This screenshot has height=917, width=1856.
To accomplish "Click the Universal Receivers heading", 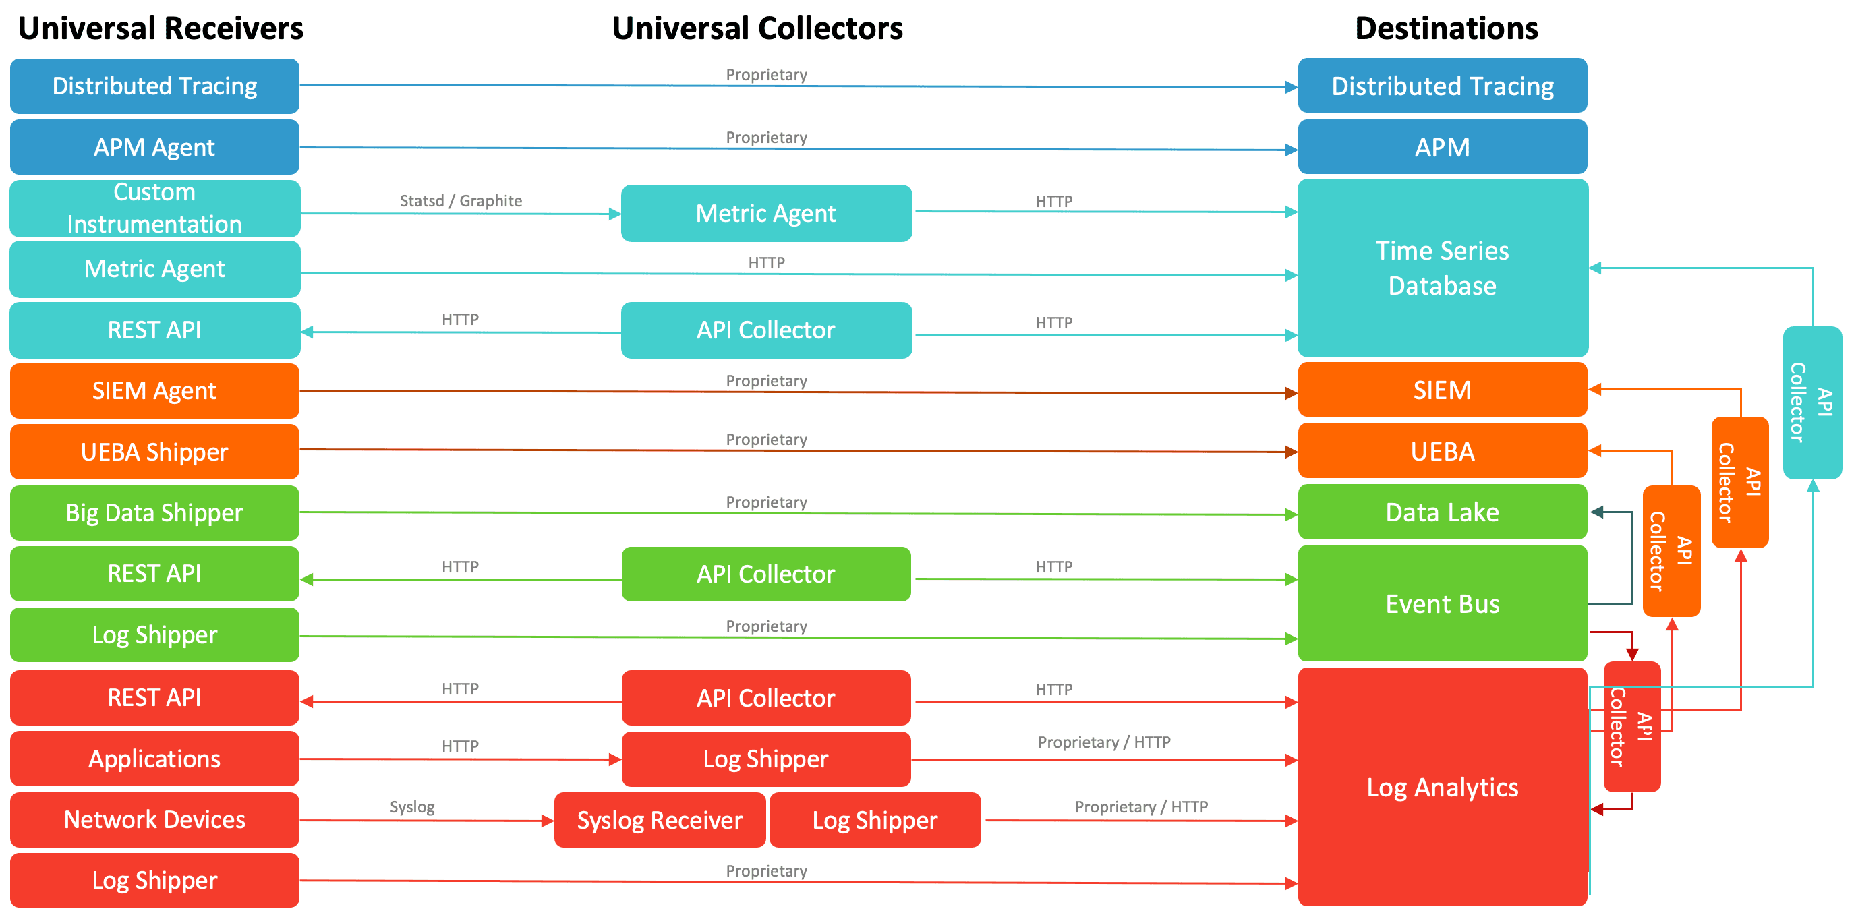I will click(161, 29).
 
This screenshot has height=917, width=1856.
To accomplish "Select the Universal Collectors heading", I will click(757, 29).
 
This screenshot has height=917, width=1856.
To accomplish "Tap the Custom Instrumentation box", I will click(154, 208).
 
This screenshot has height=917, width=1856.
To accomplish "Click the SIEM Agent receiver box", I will click(154, 390).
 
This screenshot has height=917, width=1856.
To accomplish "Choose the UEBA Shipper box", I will click(154, 452).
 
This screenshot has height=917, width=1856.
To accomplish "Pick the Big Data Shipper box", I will click(154, 513).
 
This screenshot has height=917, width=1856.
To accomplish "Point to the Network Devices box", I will click(154, 820).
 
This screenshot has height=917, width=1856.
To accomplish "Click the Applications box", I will click(154, 759).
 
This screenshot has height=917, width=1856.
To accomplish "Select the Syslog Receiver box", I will click(660, 820).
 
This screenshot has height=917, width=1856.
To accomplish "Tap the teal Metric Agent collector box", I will click(766, 213).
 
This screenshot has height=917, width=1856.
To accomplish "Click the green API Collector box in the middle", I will click(766, 574).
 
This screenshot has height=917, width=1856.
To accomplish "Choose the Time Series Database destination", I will click(1443, 268).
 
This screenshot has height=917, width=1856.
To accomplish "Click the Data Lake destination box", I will click(1443, 512).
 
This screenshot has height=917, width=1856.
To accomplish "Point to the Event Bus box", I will click(1443, 603).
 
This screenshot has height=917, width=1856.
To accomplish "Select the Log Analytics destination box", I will click(1443, 788).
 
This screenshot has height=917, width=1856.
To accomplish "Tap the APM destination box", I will click(1443, 147).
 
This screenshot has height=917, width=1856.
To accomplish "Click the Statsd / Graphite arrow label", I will click(461, 201).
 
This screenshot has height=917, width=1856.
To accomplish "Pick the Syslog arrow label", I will click(412, 807).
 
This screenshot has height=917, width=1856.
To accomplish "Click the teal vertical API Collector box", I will click(1812, 402).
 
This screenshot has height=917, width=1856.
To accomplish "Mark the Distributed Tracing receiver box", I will click(154, 86).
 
